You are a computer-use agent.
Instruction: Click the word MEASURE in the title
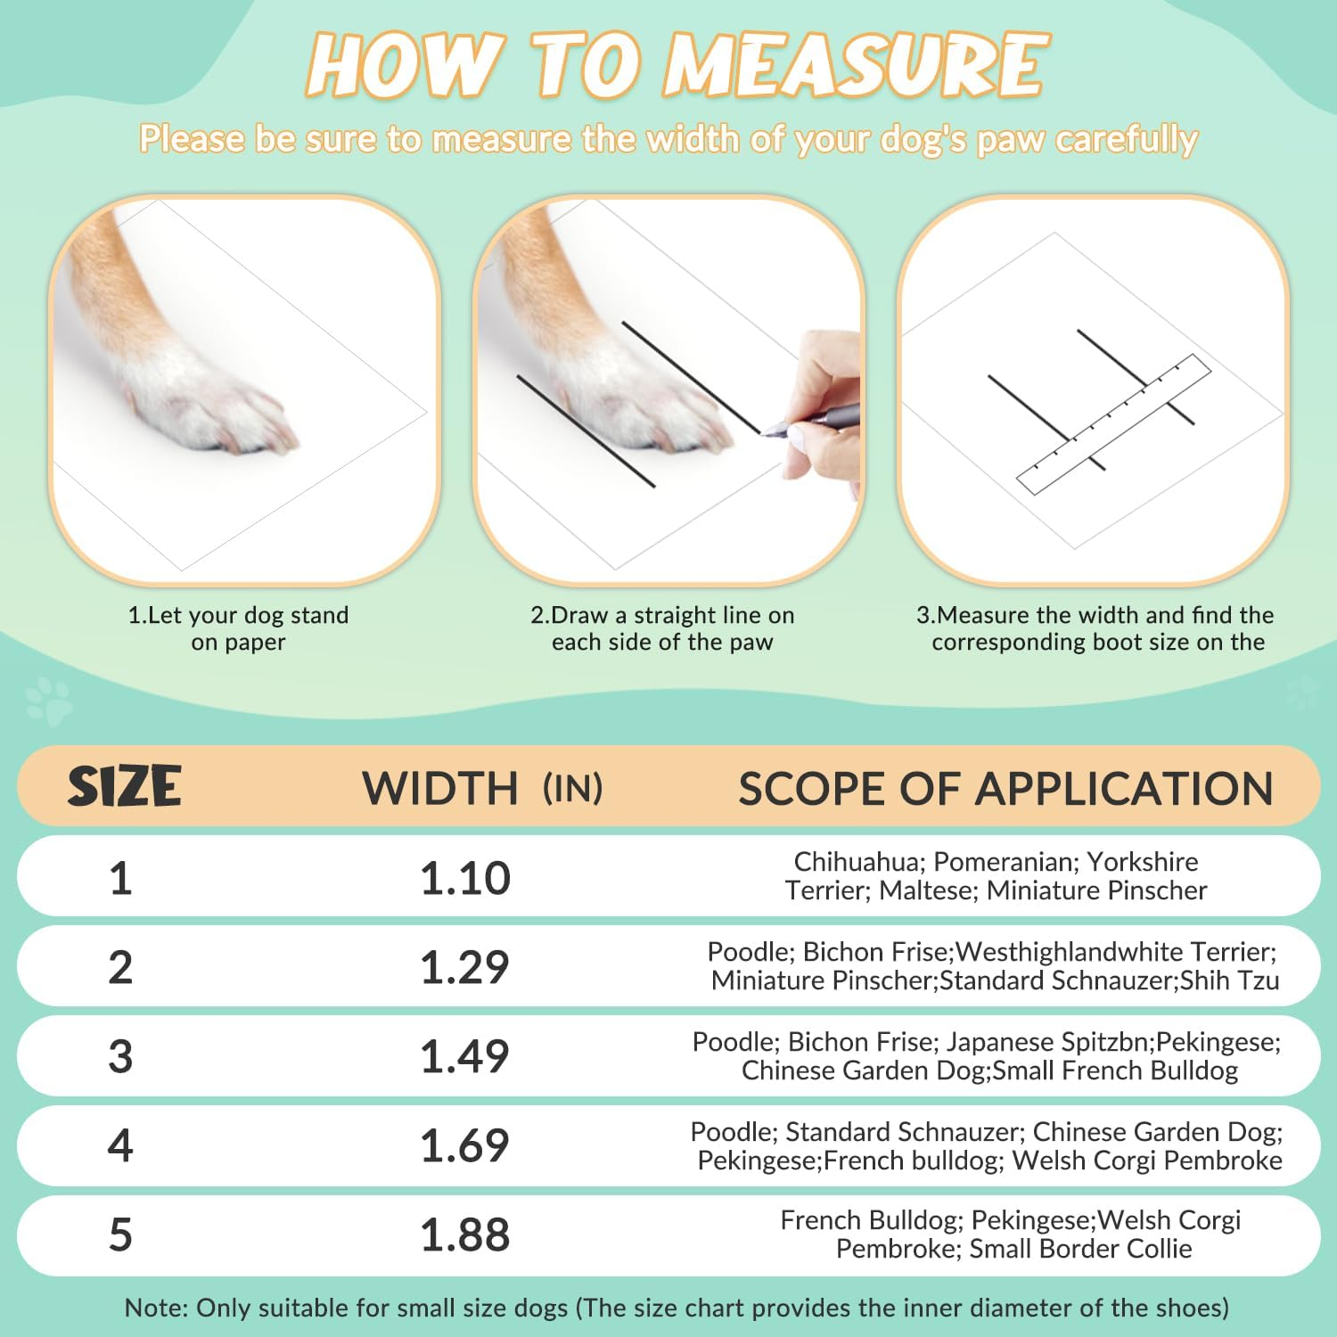[855, 64]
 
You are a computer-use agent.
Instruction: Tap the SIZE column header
[125, 787]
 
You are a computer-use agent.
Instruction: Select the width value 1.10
[465, 878]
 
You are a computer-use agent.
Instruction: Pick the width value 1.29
[465, 967]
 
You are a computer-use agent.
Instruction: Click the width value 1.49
[465, 1056]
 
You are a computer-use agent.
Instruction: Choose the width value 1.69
[465, 1145]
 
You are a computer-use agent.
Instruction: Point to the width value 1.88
[465, 1234]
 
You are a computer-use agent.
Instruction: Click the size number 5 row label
[120, 1234]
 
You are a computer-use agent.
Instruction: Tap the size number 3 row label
[120, 1056]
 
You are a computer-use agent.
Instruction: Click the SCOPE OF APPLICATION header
[1006, 789]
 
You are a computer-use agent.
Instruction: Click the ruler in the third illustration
[1114, 424]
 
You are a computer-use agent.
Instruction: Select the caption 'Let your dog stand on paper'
[238, 628]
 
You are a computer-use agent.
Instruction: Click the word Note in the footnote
[155, 1308]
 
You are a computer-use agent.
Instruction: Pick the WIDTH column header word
[440, 789]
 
